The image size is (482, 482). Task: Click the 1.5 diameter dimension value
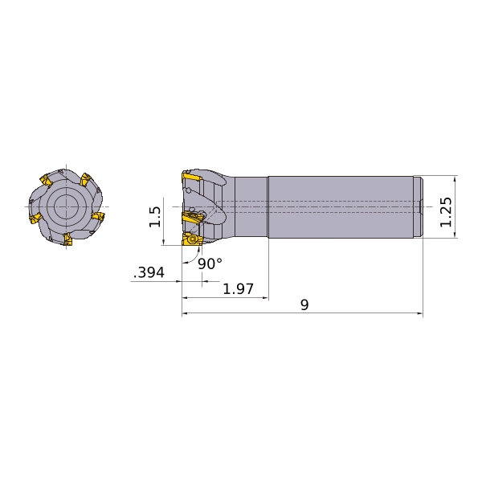[154, 217]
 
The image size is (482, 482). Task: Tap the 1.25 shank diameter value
[446, 212]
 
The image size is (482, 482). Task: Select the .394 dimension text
[149, 272]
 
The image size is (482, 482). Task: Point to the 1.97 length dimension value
[239, 289]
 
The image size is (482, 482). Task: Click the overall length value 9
[304, 304]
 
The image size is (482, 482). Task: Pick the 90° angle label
[210, 263]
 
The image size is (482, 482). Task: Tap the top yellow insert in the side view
[191, 177]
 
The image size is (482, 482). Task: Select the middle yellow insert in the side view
[192, 217]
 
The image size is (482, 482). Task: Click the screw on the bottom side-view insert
[193, 239]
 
